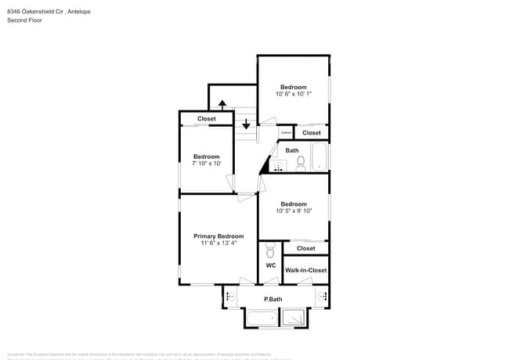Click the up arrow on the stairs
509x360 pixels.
(x=222, y=103)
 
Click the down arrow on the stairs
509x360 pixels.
(x=246, y=124)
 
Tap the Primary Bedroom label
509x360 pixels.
(x=219, y=236)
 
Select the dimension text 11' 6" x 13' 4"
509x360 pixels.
(x=219, y=243)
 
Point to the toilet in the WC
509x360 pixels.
(x=270, y=251)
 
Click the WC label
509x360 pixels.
(x=270, y=265)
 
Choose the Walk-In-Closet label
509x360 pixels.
(x=305, y=270)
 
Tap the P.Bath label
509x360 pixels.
(x=273, y=299)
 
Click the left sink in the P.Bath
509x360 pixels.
(x=230, y=297)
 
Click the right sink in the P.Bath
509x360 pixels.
(x=322, y=297)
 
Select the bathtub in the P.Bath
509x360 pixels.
(x=262, y=318)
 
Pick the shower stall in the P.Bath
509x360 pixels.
(x=294, y=318)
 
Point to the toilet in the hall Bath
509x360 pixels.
(x=300, y=164)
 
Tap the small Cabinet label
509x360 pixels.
(x=286, y=132)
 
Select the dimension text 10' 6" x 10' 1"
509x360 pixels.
(x=294, y=94)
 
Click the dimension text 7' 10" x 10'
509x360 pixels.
(x=207, y=164)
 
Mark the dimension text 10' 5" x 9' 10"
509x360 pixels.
(x=294, y=211)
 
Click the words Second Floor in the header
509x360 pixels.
(x=25, y=20)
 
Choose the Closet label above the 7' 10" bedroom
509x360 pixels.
(x=207, y=119)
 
